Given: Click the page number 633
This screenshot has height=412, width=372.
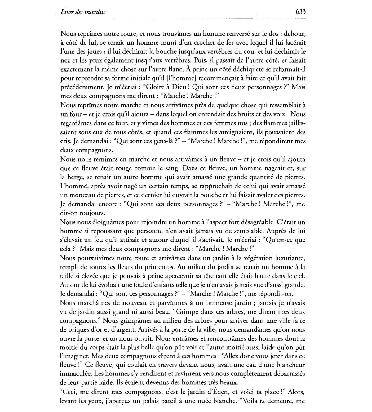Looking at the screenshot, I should coord(300,12).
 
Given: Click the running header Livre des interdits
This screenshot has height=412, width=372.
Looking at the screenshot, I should coord(83,12).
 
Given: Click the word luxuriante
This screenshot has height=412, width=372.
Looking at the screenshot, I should coord(286,258).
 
